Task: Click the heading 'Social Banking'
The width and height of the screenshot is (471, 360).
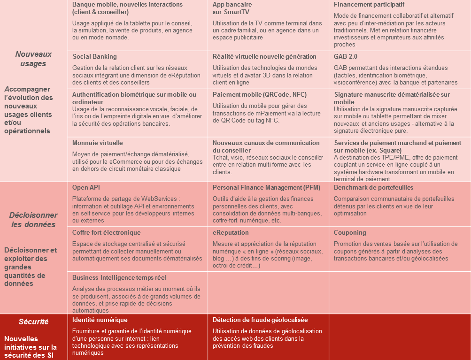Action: pos(94,56)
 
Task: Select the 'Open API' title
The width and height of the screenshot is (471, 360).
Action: pos(85,187)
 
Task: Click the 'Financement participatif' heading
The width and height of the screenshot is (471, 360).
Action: pos(369,4)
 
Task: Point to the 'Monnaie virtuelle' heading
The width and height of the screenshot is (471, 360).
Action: pos(97,143)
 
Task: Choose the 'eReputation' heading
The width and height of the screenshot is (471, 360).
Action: pos(231,232)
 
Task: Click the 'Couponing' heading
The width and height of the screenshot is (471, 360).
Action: pos(349,232)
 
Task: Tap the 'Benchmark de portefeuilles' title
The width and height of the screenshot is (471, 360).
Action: pos(374,187)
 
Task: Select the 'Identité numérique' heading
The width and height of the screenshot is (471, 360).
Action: pos(100,320)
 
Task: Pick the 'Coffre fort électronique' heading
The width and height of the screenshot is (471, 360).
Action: pos(106,232)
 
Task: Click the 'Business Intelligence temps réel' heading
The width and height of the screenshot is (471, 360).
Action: pos(119,277)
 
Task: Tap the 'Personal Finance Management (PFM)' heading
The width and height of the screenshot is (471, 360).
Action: pos(266,187)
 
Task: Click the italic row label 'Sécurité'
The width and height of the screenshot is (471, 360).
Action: pos(33,322)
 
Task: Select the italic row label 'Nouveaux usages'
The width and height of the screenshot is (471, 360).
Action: pos(33,59)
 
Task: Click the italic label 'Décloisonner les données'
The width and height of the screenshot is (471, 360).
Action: pos(33,220)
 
